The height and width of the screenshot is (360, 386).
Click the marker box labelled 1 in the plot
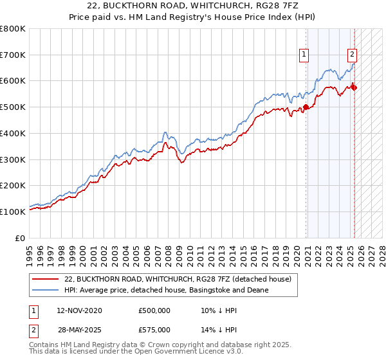[303, 55]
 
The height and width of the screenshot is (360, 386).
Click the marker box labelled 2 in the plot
[353, 55]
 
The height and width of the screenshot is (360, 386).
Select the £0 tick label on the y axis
[20, 238]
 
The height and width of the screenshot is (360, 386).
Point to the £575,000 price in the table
[154, 329]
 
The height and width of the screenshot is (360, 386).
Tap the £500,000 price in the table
[154, 310]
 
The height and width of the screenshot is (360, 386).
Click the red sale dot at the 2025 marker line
[354, 87]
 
